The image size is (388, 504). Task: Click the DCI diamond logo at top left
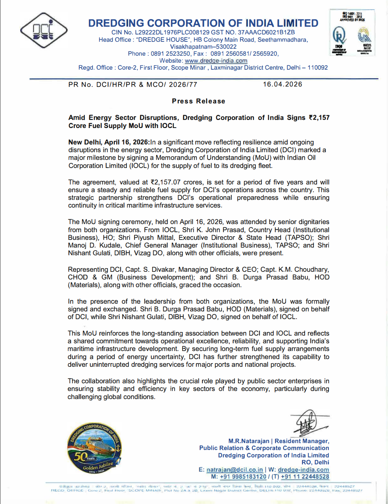coord(43,31)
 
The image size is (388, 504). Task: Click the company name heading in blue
coord(203,23)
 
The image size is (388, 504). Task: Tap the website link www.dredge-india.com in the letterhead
coord(216,61)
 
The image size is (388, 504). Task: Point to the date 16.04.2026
coord(283,84)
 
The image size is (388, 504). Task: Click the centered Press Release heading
coord(198,101)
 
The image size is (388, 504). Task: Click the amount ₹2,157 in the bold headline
coord(319,118)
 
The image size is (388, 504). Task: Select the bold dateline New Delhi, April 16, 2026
coord(109,142)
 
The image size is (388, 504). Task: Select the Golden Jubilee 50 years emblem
coord(94,449)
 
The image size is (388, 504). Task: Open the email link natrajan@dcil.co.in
coord(234,470)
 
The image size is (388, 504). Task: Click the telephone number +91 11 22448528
coord(305,477)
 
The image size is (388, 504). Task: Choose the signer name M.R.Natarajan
coord(249,441)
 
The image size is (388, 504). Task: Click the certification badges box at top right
coord(352,33)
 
